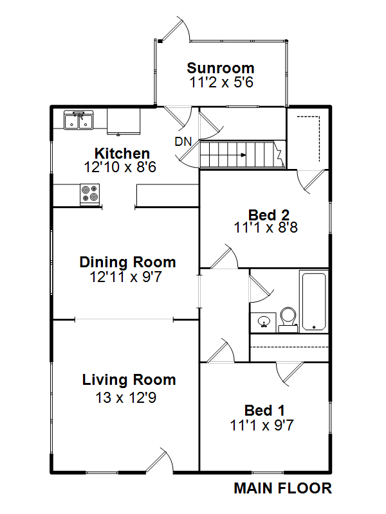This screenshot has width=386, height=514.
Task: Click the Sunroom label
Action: point(221,68)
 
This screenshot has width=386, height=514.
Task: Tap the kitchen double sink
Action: point(78,120)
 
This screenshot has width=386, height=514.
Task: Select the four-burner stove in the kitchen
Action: point(90,195)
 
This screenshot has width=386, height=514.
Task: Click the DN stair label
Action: point(183,141)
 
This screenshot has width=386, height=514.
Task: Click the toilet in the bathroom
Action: point(288,320)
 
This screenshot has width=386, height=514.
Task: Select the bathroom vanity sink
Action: point(263,323)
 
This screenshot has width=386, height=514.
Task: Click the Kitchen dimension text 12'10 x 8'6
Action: point(120,167)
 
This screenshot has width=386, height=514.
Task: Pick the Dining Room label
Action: point(127,262)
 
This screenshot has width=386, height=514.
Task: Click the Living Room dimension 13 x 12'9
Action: point(126,398)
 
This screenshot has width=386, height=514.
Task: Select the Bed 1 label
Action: point(264,411)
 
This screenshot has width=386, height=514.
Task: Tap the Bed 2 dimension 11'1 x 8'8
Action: point(266,227)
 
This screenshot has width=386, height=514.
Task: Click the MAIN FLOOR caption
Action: point(283,488)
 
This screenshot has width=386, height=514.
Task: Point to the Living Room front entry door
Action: point(160,461)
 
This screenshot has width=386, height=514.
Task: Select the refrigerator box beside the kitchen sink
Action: point(124,121)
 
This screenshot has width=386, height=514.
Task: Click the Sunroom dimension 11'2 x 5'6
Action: point(221,82)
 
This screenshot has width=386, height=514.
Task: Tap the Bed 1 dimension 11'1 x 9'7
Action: point(262,425)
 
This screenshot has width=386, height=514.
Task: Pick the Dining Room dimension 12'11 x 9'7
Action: point(126,277)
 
